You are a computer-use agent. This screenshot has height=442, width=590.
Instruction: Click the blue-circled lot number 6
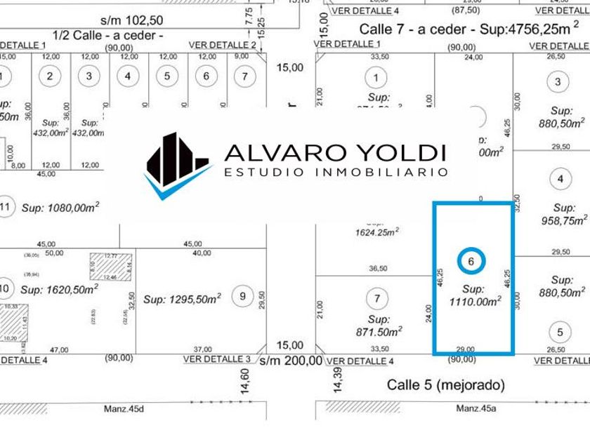(471, 261)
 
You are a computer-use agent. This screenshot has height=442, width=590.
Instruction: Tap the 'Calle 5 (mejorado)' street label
(445, 384)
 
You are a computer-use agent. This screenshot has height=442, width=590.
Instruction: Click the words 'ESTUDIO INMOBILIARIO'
(335, 172)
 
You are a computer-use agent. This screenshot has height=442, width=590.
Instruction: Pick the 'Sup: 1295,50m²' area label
(183, 298)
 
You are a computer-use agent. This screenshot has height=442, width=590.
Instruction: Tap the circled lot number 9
(243, 296)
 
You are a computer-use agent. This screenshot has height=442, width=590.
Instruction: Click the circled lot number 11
(5, 207)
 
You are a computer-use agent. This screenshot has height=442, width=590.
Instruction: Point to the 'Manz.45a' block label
(475, 408)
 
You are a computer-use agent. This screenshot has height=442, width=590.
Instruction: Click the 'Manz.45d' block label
(124, 408)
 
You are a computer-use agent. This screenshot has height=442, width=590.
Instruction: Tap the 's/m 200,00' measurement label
(290, 361)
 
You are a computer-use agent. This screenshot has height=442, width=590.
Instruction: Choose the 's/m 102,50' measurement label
(131, 20)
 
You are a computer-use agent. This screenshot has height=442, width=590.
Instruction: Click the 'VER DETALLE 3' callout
(216, 359)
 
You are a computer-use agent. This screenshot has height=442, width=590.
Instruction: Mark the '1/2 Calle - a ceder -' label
(107, 34)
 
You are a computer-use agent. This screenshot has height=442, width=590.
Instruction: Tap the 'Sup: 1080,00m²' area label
(60, 207)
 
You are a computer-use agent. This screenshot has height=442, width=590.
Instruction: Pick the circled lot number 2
(49, 76)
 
